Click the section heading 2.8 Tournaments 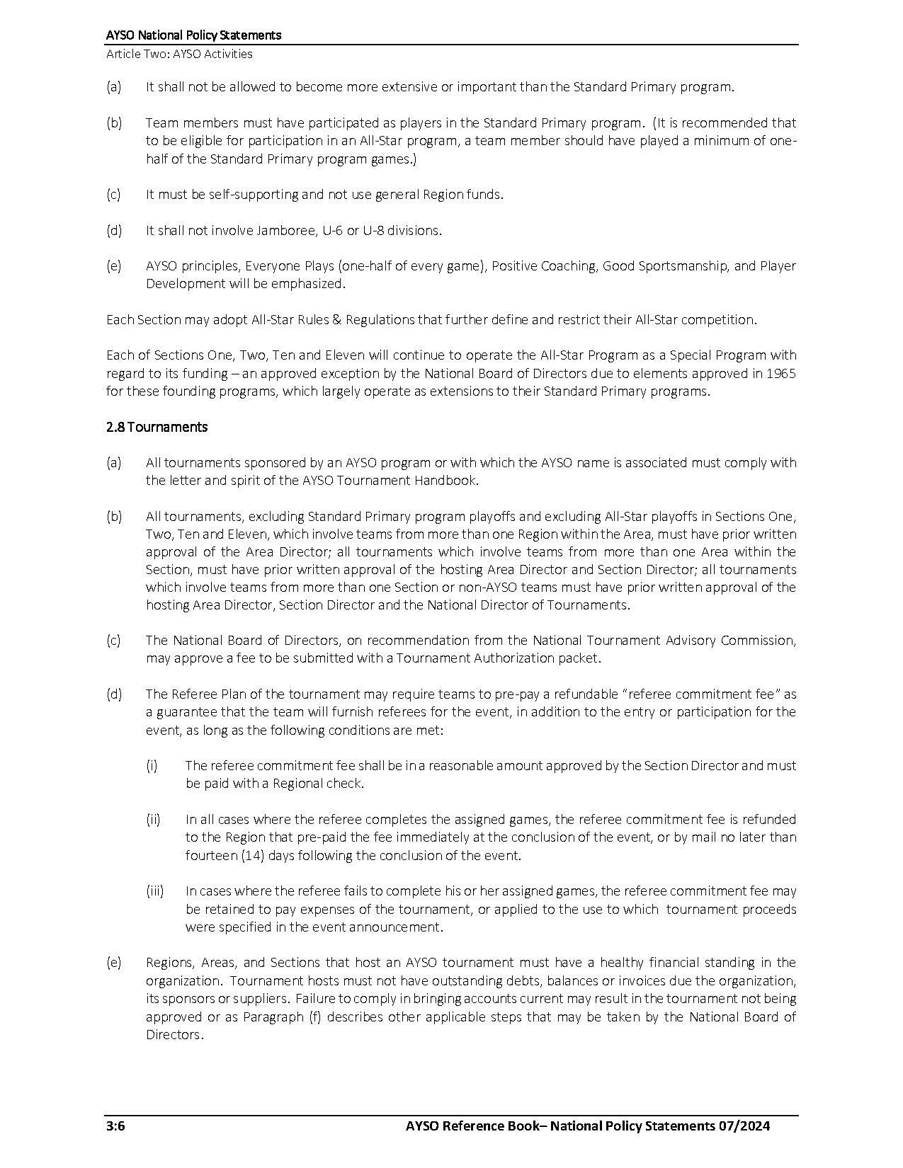[157, 427]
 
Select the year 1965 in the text [780, 373]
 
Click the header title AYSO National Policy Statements [193, 35]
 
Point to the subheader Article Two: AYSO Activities [179, 54]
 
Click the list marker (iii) [154, 891]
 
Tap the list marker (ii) [153, 819]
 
